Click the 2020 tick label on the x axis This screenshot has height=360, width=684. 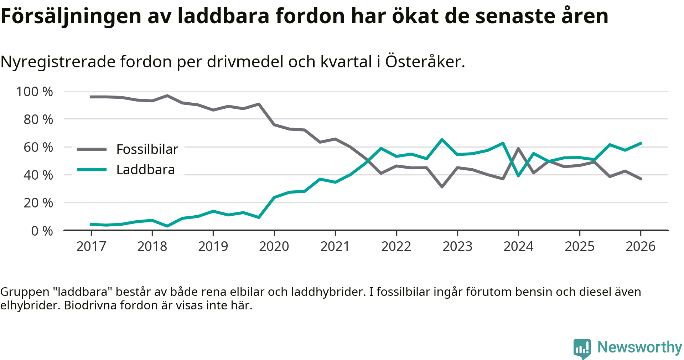[274, 246]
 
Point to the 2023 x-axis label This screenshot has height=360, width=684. [457, 246]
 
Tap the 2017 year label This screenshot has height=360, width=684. [91, 246]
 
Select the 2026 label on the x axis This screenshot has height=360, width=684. [641, 246]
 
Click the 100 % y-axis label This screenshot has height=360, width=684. [35, 92]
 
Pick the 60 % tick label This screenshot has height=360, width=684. [38, 147]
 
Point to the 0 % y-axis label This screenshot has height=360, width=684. [42, 231]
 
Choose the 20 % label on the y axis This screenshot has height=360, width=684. [38, 203]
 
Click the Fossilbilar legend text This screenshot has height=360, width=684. [147, 149]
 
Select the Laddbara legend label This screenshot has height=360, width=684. [146, 170]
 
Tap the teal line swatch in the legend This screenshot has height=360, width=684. [92, 170]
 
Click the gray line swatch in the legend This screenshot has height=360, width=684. [92, 149]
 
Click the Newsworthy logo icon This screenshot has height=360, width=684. [582, 348]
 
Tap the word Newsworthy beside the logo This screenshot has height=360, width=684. [639, 347]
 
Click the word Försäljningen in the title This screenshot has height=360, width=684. [71, 16]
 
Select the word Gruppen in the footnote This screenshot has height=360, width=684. [25, 292]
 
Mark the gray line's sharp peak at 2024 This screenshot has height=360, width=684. [518, 149]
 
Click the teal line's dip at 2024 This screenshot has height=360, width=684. [518, 176]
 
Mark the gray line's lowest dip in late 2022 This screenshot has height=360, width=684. [442, 187]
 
